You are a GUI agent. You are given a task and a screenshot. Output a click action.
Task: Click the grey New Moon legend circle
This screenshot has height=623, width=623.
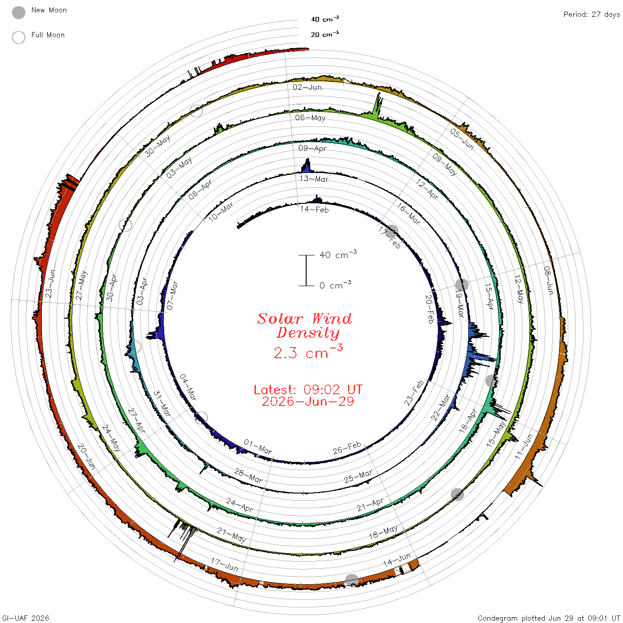click(x=18, y=12)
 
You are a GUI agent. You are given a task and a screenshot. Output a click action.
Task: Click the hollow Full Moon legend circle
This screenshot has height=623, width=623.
click(x=18, y=37)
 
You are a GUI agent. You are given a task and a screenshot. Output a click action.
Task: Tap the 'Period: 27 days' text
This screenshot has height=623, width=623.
click(x=591, y=15)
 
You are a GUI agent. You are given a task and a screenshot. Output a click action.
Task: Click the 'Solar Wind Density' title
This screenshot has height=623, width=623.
click(x=304, y=326)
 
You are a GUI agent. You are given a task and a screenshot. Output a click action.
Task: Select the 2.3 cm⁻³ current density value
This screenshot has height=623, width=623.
click(x=308, y=352)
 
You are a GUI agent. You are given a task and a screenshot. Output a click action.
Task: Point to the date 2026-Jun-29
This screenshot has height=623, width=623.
click(x=308, y=401)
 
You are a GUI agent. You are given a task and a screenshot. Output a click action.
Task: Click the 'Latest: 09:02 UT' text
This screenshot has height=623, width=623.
click(x=308, y=389)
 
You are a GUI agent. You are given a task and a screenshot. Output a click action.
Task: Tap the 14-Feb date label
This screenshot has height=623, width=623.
click(x=314, y=209)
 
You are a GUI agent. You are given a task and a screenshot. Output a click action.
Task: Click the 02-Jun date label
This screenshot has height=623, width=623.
click(x=307, y=87)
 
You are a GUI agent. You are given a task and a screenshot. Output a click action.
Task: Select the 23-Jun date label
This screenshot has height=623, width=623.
click(x=50, y=283)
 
